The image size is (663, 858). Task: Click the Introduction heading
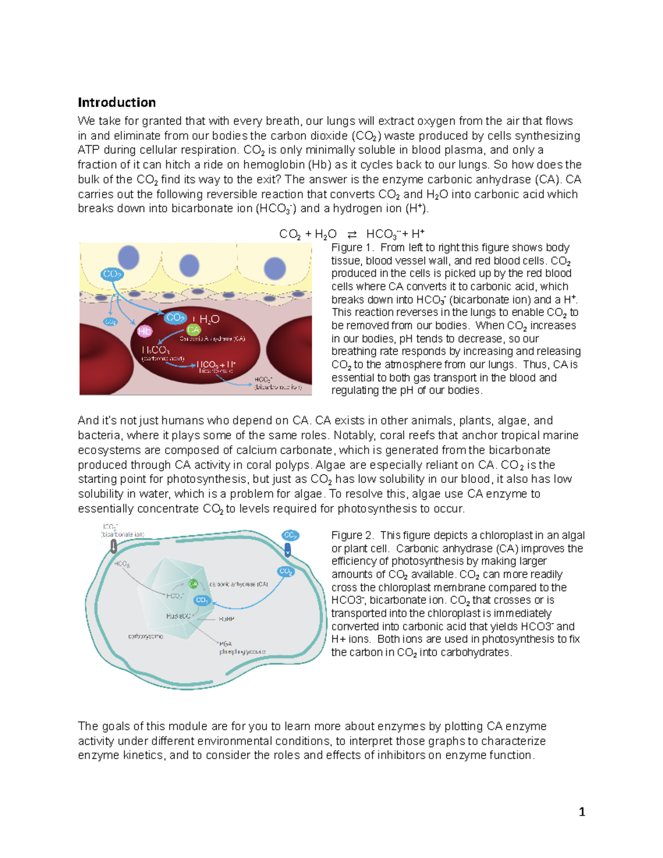click(x=117, y=102)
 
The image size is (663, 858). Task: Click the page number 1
click(x=581, y=812)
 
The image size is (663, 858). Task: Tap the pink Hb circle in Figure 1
click(x=144, y=331)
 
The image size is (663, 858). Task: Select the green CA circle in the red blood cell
click(x=193, y=330)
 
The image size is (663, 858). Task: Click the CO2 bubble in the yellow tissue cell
click(x=112, y=274)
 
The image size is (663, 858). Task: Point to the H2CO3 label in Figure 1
click(x=155, y=350)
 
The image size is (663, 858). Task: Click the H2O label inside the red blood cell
click(x=209, y=319)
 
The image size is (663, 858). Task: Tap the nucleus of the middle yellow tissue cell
click(x=189, y=266)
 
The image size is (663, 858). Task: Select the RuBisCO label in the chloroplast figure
click(x=178, y=616)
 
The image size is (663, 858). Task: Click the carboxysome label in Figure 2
click(x=145, y=636)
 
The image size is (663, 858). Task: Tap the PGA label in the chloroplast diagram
click(x=225, y=644)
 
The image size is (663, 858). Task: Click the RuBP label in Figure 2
click(x=227, y=619)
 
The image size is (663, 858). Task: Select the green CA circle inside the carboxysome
click(x=193, y=583)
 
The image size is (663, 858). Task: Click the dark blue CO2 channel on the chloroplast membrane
click(x=288, y=550)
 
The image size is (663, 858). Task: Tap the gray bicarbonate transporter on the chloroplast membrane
click(x=113, y=546)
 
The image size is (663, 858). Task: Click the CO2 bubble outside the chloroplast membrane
click(x=290, y=535)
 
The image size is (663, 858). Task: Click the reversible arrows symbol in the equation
click(x=351, y=234)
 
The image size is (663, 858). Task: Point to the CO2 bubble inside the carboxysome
click(x=202, y=600)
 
